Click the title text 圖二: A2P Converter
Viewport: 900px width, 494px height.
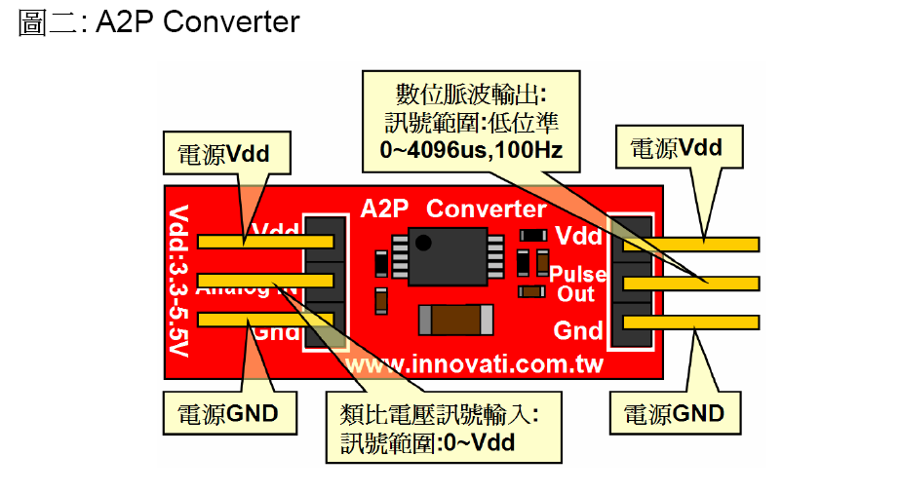(x=159, y=22)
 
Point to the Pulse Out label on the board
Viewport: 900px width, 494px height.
(x=577, y=284)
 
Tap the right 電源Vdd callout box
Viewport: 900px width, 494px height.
(x=676, y=148)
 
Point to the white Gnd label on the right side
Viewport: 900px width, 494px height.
(x=578, y=330)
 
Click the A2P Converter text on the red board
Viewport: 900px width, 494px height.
(x=453, y=209)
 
